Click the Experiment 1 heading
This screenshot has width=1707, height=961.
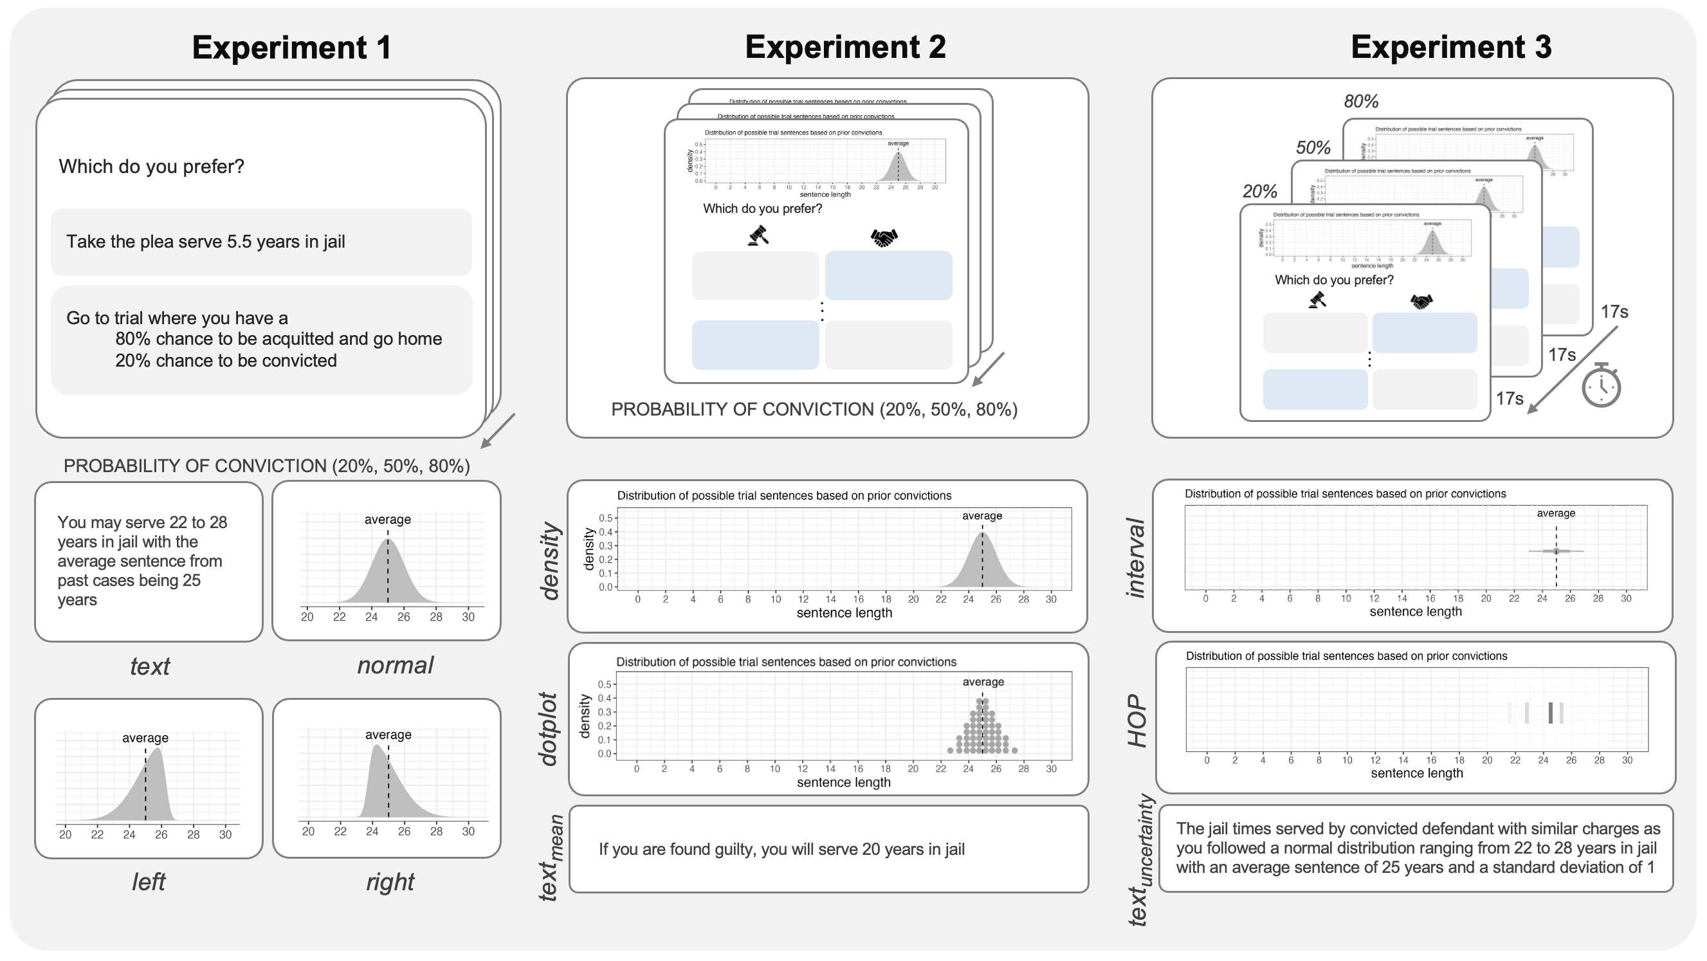coord(291,48)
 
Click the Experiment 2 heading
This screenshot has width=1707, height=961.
coord(845,47)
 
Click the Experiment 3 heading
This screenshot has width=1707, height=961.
coord(1450,47)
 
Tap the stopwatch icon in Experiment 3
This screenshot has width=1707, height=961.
coord(1601,385)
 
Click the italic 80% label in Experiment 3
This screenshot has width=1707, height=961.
coord(1360,102)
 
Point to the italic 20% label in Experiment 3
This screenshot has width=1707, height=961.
coord(1259,192)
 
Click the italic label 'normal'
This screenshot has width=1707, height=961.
coord(395,665)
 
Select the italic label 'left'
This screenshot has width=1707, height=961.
coord(149,882)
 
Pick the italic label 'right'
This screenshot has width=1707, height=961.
coord(390,882)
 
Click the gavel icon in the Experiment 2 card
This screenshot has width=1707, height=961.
coord(758,236)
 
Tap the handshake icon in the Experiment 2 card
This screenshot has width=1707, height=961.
coord(883,237)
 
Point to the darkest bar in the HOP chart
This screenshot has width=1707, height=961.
coord(1550,713)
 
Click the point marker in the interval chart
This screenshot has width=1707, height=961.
coord(1556,551)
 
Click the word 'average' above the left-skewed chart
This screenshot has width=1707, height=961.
coord(145,738)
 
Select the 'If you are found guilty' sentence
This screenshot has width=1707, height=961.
coord(781,849)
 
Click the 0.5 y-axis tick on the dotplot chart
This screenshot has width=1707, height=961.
coord(605,684)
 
